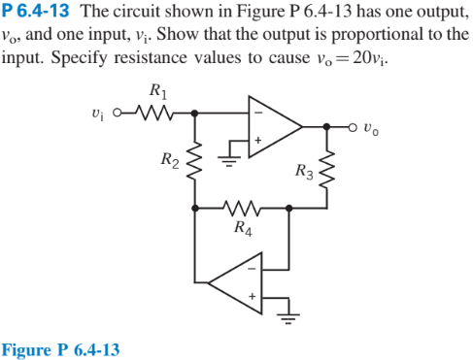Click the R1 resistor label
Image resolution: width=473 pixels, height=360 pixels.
tap(158, 93)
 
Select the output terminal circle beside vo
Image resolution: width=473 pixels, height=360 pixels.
tap(355, 125)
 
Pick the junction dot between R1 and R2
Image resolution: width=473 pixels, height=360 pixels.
tap(196, 112)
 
